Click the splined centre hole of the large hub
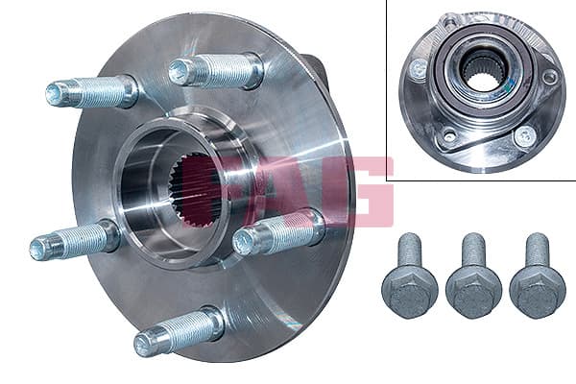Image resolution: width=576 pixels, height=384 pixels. pyautogui.click(x=192, y=191)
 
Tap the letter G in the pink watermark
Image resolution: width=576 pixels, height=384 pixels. pyautogui.click(x=371, y=191)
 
